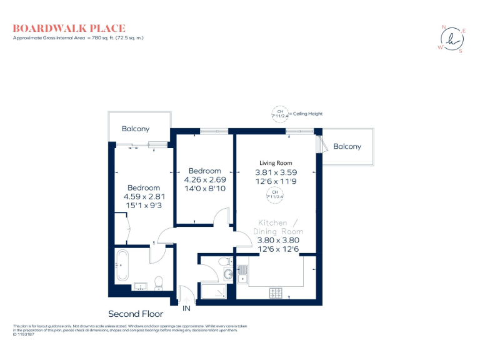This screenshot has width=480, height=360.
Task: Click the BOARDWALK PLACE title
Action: click(69, 28)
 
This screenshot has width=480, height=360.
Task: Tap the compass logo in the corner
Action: click(451, 39)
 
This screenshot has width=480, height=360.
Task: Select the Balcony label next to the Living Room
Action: click(347, 146)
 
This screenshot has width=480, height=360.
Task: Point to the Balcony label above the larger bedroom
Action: click(136, 129)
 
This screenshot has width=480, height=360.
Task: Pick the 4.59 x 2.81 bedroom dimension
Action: click(144, 196)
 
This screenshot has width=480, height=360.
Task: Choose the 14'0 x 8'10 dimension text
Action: click(205, 187)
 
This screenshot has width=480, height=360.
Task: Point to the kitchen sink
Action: click(242, 273)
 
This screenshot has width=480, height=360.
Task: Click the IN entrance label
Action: click(186, 308)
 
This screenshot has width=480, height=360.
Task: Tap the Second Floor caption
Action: click(136, 314)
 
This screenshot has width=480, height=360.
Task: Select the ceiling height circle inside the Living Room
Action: click(274, 194)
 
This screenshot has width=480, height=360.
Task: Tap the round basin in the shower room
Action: click(227, 272)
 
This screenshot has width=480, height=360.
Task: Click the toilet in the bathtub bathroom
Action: click(158, 283)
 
